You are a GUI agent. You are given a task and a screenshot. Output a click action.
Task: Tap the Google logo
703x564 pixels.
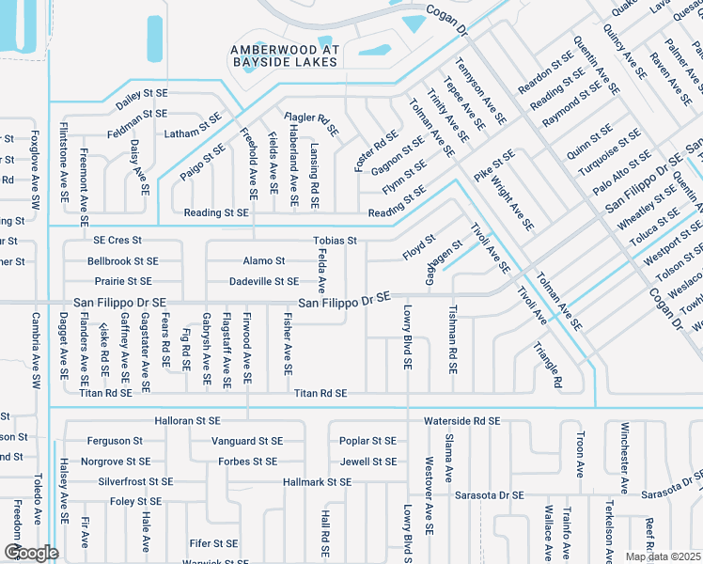31,552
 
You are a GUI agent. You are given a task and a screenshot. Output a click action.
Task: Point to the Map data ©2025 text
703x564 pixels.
664,556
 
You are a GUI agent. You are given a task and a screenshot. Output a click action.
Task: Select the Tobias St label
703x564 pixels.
336,241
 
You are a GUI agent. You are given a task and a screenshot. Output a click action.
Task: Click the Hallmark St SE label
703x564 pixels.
317,482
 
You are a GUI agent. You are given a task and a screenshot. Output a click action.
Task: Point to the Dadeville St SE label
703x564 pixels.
264,281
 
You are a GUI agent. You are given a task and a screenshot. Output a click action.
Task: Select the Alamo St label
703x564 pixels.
264,260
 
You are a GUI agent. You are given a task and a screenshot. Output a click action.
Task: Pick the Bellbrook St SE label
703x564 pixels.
123,260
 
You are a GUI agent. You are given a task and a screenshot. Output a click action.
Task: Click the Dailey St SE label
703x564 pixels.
142,94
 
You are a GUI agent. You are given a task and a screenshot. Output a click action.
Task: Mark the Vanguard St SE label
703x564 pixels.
247,440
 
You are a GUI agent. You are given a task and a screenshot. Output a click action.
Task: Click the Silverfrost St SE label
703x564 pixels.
135,481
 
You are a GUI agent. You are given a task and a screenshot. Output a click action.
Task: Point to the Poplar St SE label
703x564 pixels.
367,440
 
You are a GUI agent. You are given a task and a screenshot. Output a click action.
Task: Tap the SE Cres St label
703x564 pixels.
117,241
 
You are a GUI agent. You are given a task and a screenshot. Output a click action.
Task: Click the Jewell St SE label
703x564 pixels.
368,462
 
